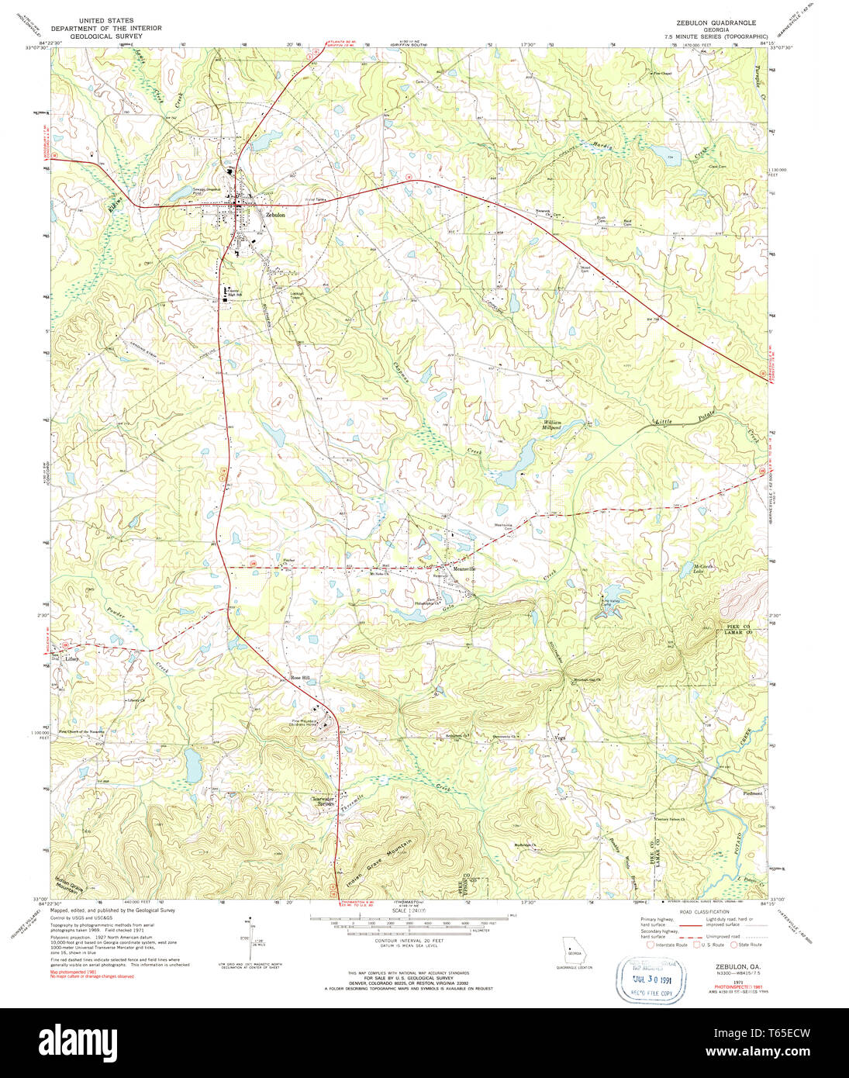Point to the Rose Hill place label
click(x=299, y=678)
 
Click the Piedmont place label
click(x=753, y=793)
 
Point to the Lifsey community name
click(x=72, y=659)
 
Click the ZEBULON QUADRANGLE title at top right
click(x=715, y=22)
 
